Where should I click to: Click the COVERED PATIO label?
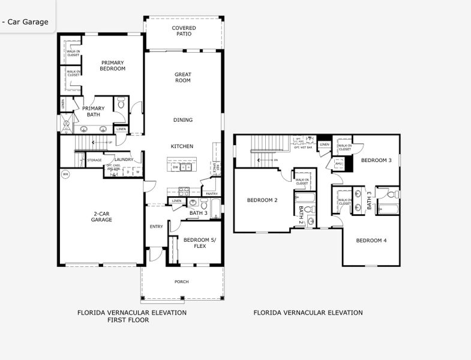184,31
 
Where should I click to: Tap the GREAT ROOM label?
183,77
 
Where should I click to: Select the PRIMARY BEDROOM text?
113,65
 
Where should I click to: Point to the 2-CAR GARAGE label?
101,217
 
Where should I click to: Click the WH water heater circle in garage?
65,175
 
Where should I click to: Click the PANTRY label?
211,194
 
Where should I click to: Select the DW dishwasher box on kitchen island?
175,167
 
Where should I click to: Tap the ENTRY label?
156,226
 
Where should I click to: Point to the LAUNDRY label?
124,160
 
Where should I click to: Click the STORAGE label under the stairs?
94,160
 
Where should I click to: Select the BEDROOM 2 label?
262,200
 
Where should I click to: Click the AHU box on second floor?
338,164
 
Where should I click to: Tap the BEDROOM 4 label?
371,241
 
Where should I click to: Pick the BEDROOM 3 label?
376,160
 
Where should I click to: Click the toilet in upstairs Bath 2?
308,209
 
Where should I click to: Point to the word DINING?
183,120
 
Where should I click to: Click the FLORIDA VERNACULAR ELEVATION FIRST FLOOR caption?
131,316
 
